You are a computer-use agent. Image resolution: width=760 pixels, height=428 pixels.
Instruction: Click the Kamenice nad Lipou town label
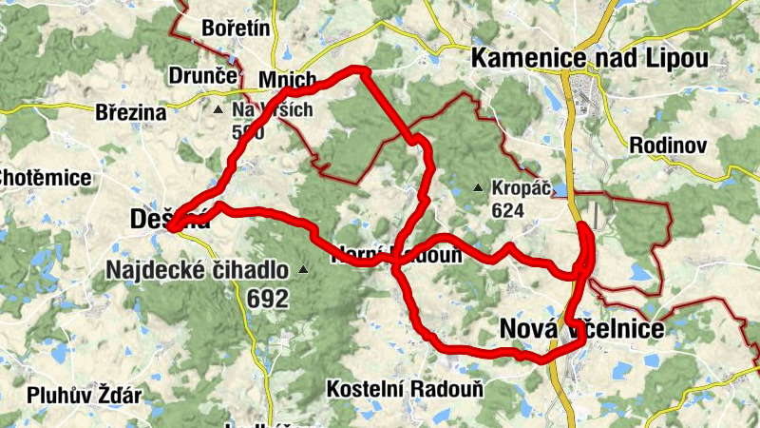pyautogui.click(x=590, y=59)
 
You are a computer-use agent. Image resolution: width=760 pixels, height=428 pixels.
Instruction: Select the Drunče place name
pyautogui.click(x=200, y=74)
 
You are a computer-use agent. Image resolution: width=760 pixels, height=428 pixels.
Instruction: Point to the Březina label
pyautogui.click(x=131, y=112)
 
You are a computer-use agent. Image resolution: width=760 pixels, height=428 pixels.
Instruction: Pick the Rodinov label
pyautogui.click(x=669, y=146)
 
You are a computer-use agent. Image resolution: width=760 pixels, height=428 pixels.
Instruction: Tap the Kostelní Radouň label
pyautogui.click(x=405, y=389)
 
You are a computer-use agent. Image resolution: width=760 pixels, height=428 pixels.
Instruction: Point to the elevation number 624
pyautogui.click(x=509, y=208)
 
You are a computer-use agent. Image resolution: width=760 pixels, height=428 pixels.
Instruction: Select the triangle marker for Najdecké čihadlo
pyautogui.click(x=303, y=270)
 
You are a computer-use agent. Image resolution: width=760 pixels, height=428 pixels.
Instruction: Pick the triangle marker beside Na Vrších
pyautogui.click(x=218, y=110)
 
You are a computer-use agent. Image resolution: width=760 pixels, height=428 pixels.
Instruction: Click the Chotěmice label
pyautogui.click(x=46, y=178)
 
